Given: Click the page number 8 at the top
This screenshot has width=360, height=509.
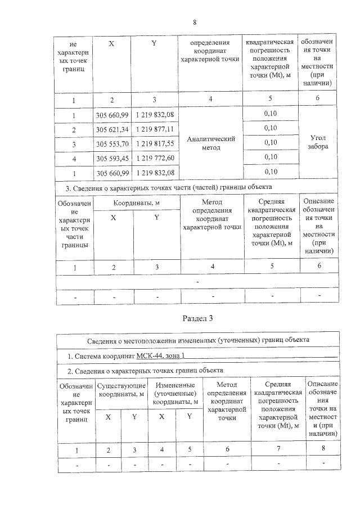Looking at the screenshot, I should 194,22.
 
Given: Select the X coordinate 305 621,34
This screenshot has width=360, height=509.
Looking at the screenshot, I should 112,129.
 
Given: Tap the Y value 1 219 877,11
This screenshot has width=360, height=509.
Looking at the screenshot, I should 154,129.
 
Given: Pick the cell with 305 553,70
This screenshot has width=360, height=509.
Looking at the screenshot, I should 112,143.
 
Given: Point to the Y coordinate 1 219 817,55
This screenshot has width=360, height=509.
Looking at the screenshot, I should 154,143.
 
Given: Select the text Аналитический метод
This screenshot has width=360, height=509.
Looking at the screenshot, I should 211,143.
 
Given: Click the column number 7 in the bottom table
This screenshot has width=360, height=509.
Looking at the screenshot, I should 278,449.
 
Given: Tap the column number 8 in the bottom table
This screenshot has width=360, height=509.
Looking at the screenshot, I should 323,449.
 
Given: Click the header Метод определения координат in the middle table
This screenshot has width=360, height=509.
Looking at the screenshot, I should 211,214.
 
